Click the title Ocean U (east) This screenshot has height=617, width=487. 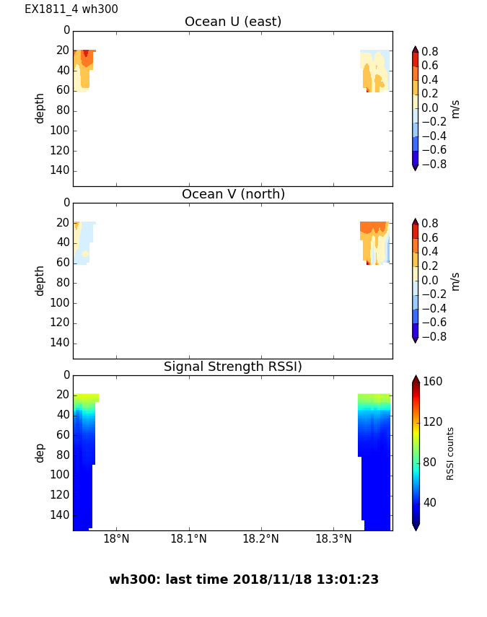[x=233, y=22]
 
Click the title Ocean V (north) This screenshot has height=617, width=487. [x=233, y=194]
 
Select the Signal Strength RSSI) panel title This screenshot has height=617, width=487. [x=233, y=367]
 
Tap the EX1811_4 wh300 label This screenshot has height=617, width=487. [x=71, y=9]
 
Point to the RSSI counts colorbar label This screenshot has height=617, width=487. [x=450, y=453]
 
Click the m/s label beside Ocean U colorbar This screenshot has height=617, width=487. [x=455, y=108]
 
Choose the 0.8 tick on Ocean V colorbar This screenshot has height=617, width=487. [x=431, y=224]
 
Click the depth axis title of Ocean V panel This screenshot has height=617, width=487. [x=40, y=280]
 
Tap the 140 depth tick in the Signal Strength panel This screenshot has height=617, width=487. [x=61, y=515]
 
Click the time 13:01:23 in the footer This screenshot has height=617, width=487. [x=351, y=579]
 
